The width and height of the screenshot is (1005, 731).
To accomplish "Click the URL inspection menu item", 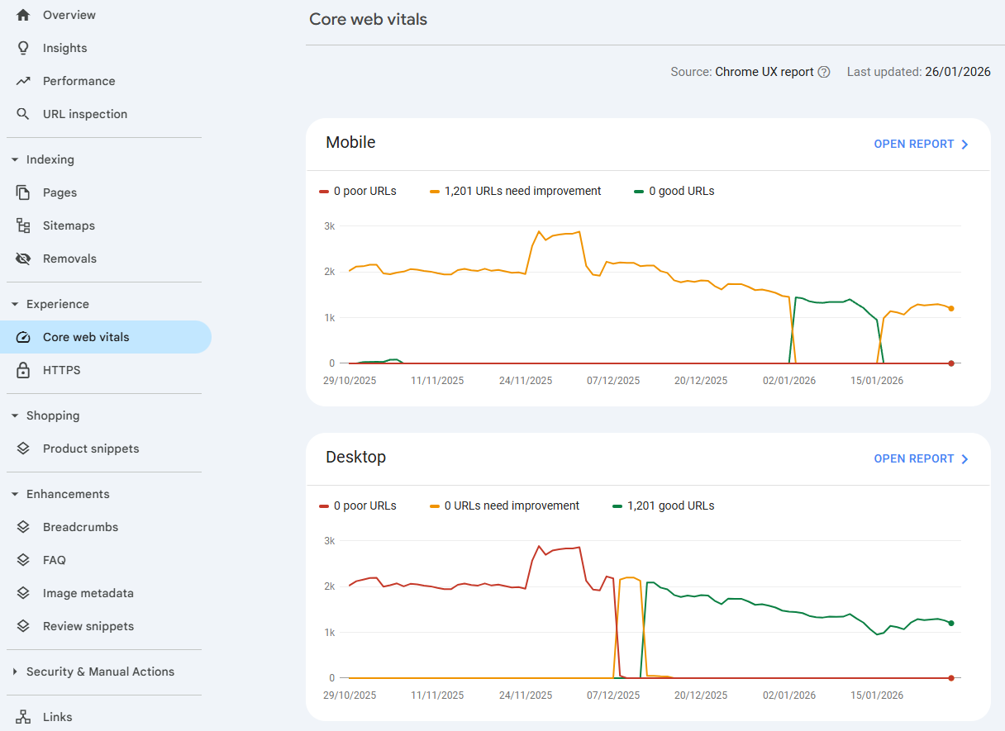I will click(84, 114).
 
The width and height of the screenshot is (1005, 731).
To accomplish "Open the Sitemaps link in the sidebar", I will click(69, 225).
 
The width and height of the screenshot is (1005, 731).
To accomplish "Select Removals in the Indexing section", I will click(69, 259).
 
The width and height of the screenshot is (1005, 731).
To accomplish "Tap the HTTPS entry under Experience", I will click(61, 370).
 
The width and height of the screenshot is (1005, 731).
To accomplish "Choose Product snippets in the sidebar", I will click(90, 449).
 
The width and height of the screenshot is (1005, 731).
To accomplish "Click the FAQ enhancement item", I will click(54, 560).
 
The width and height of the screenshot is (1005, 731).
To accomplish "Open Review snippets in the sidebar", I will click(88, 626).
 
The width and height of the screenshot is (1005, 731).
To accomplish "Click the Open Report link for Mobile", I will click(921, 144).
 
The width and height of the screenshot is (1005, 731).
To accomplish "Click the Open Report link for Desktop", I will click(921, 458).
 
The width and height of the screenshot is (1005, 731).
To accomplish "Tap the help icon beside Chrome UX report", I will click(824, 72).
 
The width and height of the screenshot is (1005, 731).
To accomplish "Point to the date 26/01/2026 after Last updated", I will click(957, 72).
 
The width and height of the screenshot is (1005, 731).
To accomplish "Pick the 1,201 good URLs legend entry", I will click(670, 506).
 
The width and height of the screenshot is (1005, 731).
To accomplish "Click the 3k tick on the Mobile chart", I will click(329, 226).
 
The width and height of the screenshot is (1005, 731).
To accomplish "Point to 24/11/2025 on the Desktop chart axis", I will click(526, 695).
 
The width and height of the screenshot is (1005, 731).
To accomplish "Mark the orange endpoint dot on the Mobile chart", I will click(951, 309).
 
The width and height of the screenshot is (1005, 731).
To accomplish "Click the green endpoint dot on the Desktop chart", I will click(951, 624).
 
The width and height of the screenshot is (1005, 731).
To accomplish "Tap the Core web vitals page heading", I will click(368, 19).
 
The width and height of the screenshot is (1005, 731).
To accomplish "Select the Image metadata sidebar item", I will click(88, 593).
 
